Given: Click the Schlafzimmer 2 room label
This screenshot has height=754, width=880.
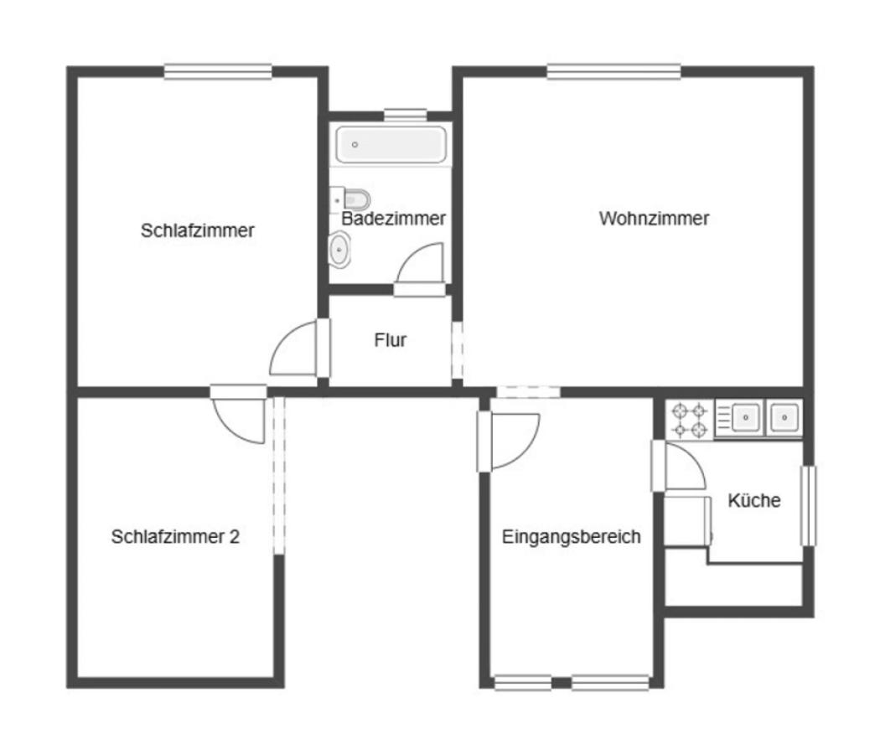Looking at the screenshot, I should (x=175, y=537).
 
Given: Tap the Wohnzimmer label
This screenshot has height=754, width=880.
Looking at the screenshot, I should (x=654, y=219).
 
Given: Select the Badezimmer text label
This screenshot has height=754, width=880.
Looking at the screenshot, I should (x=393, y=219).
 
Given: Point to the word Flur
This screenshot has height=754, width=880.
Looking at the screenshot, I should (x=390, y=340).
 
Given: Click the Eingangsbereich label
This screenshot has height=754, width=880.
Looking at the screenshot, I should (x=571, y=537).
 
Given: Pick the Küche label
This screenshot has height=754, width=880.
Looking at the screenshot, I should (x=753, y=501).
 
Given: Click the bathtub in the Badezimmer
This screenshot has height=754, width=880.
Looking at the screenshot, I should (x=391, y=145).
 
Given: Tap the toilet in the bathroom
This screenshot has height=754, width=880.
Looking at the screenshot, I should (x=355, y=199).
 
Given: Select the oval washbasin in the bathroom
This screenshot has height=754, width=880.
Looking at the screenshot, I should (x=339, y=250).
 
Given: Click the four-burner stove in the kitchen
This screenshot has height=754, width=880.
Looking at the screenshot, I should (x=689, y=420).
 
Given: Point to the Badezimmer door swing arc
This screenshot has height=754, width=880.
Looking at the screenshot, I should (x=420, y=266).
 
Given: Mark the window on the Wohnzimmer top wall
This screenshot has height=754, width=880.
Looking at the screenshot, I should (x=613, y=73).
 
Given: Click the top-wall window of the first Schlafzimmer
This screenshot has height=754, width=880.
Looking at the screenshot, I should (x=218, y=73).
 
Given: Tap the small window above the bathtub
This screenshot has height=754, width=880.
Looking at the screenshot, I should (x=405, y=114).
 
